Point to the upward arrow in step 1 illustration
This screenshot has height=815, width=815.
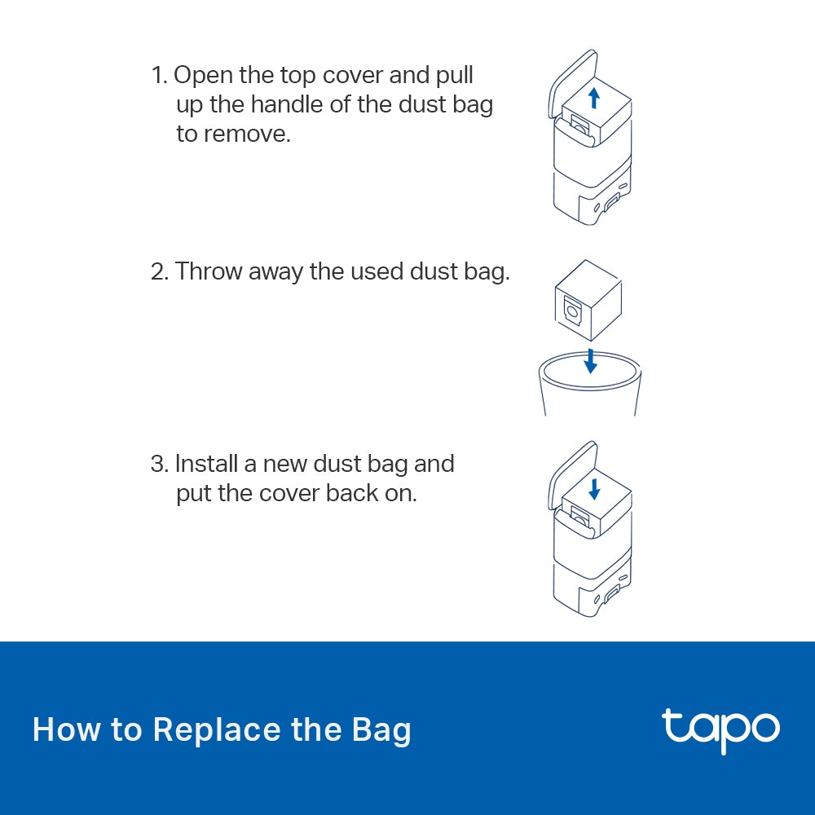pos(594,99)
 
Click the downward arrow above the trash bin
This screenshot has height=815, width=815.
pos(591,360)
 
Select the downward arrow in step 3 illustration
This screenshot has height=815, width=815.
pos(594,489)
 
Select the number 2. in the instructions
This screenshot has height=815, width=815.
pos(160,271)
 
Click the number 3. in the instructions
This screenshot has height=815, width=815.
pos(160,465)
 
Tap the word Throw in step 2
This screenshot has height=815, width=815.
pos(209,271)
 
